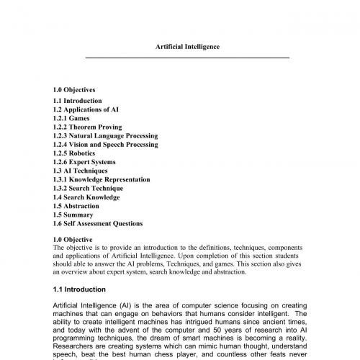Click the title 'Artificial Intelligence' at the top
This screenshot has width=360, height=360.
tap(187, 46)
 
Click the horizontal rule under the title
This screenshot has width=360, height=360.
tap(187, 57)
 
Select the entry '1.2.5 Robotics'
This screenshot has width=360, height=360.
tap(76, 153)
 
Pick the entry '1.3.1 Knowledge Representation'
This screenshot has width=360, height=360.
tap(102, 179)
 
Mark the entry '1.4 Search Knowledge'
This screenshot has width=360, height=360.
tap(86, 197)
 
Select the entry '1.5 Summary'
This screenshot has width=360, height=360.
tap(73, 215)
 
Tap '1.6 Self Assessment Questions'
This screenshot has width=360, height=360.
tap(98, 224)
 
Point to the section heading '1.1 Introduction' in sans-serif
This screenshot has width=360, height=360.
tap(79, 289)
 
